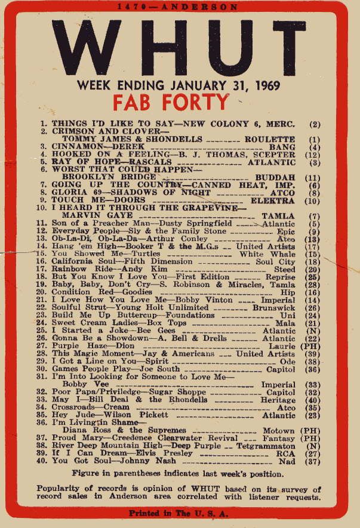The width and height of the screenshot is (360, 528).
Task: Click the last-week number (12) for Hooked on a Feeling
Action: tap(312, 154)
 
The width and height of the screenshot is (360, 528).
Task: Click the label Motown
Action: tap(278, 430)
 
